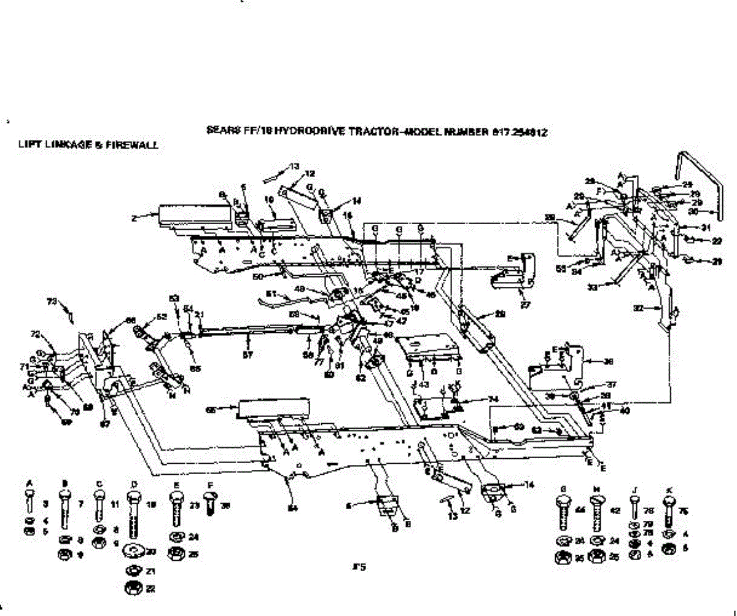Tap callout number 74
point(475,399)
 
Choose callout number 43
point(424,385)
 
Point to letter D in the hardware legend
point(134,484)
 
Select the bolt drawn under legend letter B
point(64,509)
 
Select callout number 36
point(608,362)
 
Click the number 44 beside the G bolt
point(579,510)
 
